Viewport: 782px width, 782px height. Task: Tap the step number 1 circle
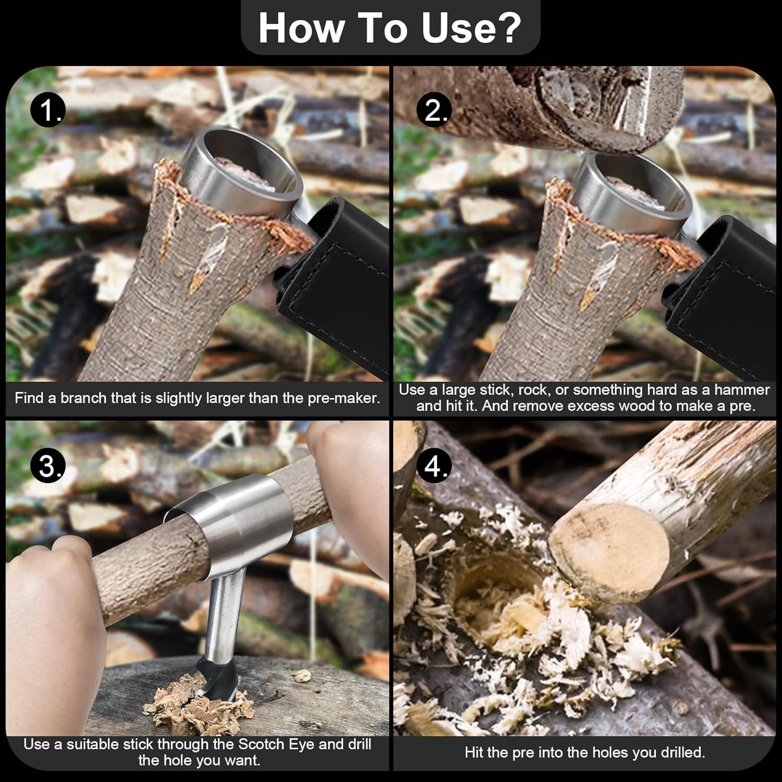point(48,111)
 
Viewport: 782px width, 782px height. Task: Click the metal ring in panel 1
point(245,172)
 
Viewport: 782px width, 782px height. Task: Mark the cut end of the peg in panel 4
point(610,553)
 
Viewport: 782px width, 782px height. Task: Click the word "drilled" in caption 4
point(673,752)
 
